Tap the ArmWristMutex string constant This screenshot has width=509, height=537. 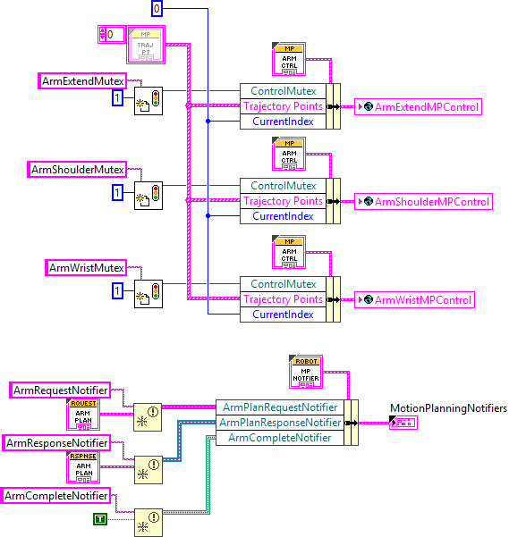tap(85, 267)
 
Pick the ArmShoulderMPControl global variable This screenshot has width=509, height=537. tap(423, 201)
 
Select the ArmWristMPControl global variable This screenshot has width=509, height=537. tap(414, 299)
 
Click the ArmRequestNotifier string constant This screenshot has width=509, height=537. tap(61, 390)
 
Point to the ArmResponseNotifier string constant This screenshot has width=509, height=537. tap(57, 442)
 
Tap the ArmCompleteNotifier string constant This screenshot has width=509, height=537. tap(58, 495)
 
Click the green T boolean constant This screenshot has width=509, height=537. tap(101, 519)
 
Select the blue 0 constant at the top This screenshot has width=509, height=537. tap(157, 9)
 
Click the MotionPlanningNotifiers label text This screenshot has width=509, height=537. tap(448, 408)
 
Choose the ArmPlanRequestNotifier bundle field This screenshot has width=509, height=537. tap(280, 407)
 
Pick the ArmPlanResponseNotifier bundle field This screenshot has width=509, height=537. tap(280, 423)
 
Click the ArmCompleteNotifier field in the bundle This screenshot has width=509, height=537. tap(279, 438)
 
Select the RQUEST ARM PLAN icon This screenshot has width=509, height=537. tap(83, 415)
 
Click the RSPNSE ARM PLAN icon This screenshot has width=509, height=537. tap(83, 467)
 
